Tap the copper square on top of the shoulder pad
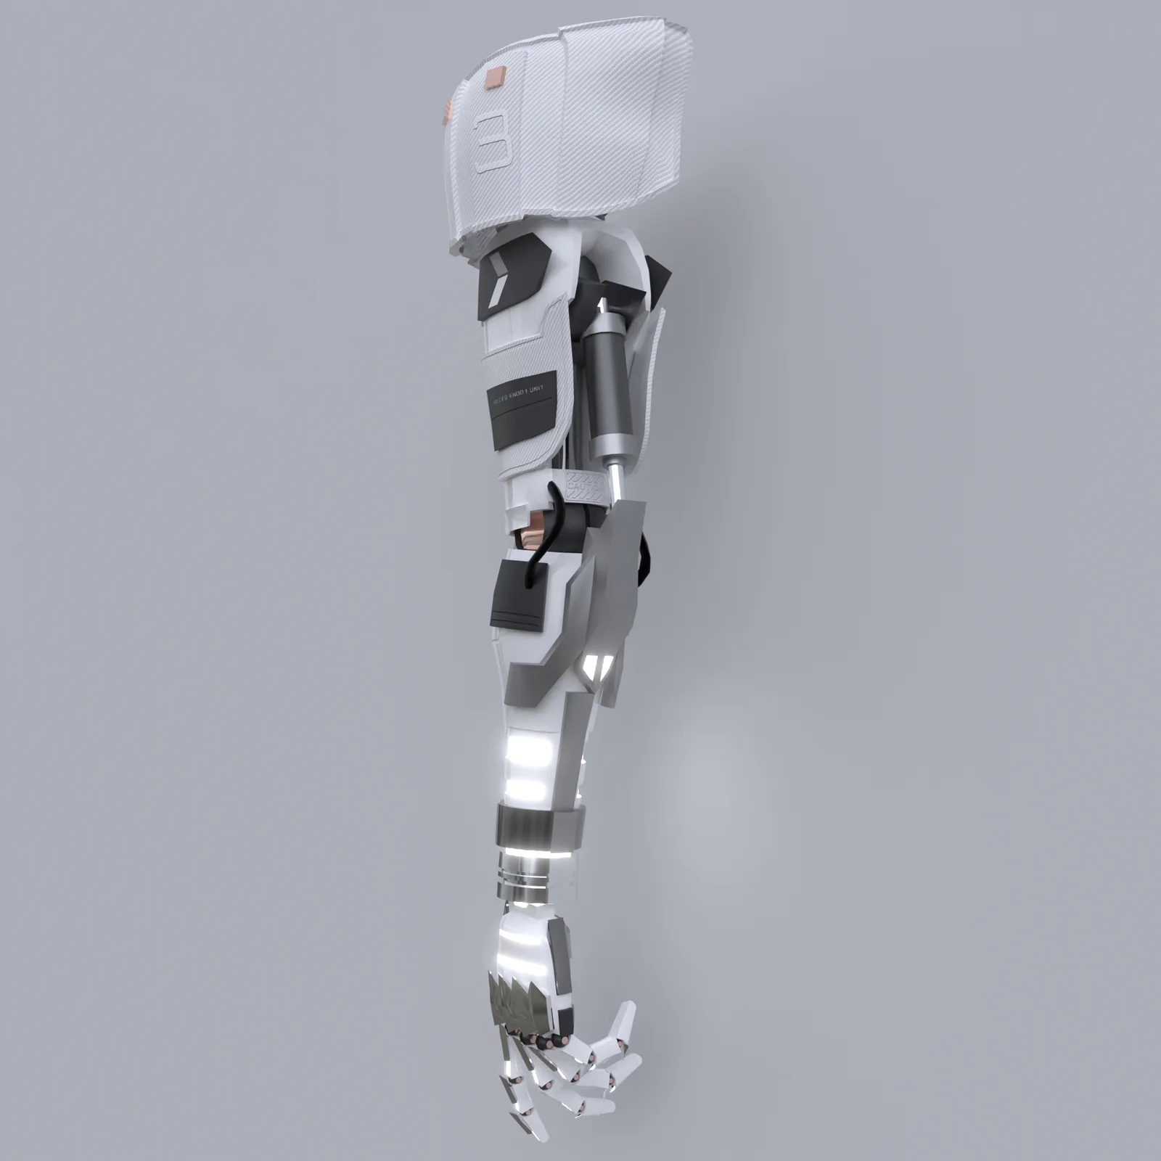click(x=495, y=75)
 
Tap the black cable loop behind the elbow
click(x=643, y=559)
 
